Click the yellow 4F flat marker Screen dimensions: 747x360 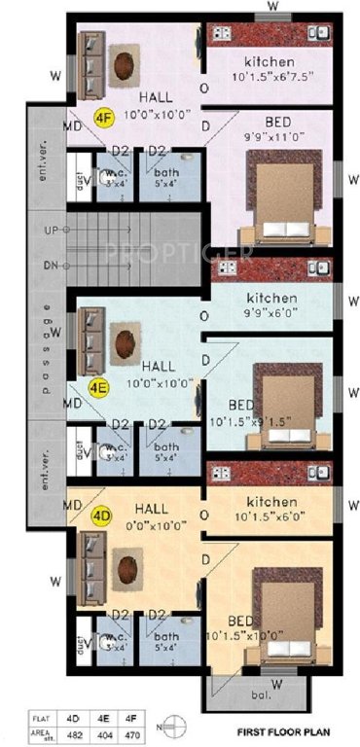(x=102, y=117)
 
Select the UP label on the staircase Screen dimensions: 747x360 (x=51, y=231)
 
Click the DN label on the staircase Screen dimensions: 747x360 (x=51, y=265)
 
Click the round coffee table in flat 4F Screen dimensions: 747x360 (x=126, y=66)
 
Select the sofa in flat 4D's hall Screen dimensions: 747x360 (x=90, y=569)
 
